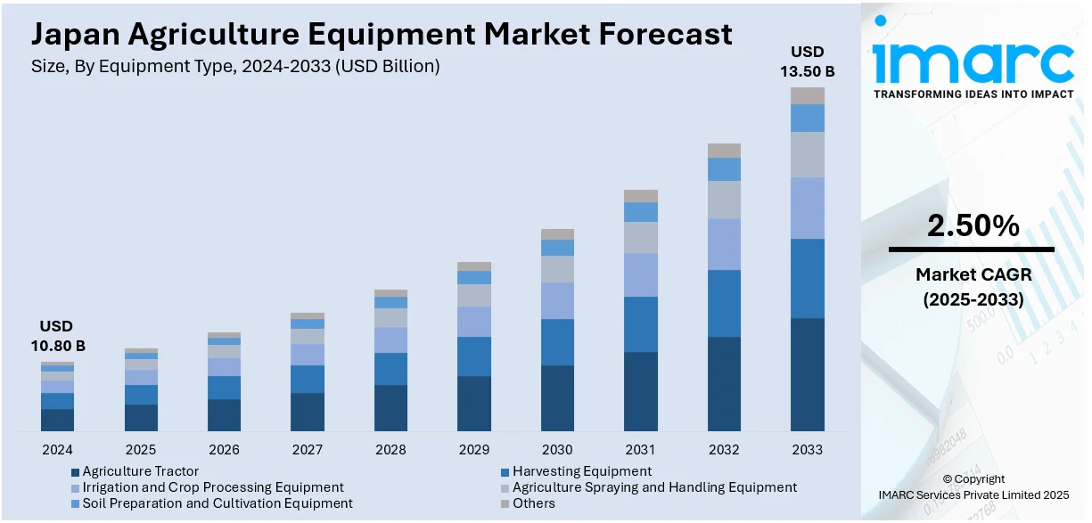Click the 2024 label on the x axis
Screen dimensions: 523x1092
57,449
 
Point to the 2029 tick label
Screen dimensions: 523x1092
473,449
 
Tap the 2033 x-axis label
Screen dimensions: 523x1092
807,449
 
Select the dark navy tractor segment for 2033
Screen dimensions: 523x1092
807,374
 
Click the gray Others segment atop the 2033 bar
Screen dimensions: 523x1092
807,95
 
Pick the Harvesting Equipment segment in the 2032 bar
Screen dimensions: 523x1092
724,303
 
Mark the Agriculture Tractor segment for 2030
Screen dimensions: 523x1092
557,398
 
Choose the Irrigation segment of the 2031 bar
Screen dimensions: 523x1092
640,274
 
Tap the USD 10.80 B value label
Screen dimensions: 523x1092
57,336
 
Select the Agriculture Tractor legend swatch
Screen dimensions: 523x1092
75,472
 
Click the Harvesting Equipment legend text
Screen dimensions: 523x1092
582,471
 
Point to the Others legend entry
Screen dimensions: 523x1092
533,503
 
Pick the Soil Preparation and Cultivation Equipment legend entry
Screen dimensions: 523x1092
218,503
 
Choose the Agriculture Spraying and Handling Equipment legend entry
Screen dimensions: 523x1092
654,487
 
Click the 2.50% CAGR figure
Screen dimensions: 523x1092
973,226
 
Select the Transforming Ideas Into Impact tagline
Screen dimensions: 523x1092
973,94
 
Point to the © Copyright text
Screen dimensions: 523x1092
973,478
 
